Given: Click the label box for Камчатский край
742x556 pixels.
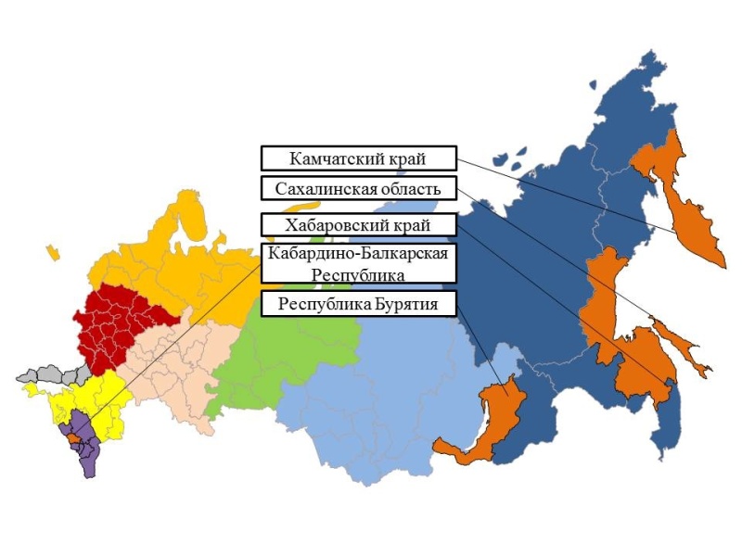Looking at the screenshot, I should (359, 158).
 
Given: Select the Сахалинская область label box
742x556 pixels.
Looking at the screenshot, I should (359, 189).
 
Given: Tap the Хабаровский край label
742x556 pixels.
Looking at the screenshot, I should (359, 225).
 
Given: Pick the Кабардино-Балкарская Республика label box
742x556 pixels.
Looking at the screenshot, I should (359, 264).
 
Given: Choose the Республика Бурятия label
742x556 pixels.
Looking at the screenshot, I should (359, 304).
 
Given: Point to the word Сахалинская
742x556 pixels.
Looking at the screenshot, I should (324, 189).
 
